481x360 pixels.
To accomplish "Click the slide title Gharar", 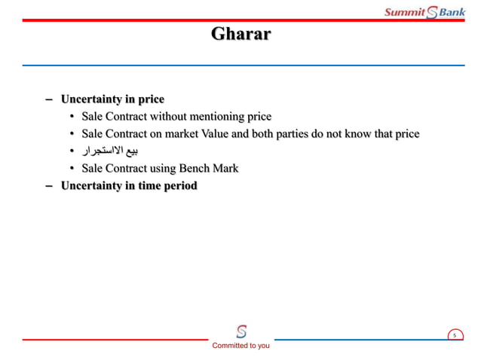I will (240, 35).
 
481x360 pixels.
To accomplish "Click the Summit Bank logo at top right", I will (424, 12).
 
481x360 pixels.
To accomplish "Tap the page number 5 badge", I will (455, 335).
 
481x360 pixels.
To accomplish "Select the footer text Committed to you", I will (240, 346).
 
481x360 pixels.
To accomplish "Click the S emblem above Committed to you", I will (241, 331).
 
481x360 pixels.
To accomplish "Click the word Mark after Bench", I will (225, 169).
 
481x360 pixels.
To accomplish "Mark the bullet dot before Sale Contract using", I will (72, 169).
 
